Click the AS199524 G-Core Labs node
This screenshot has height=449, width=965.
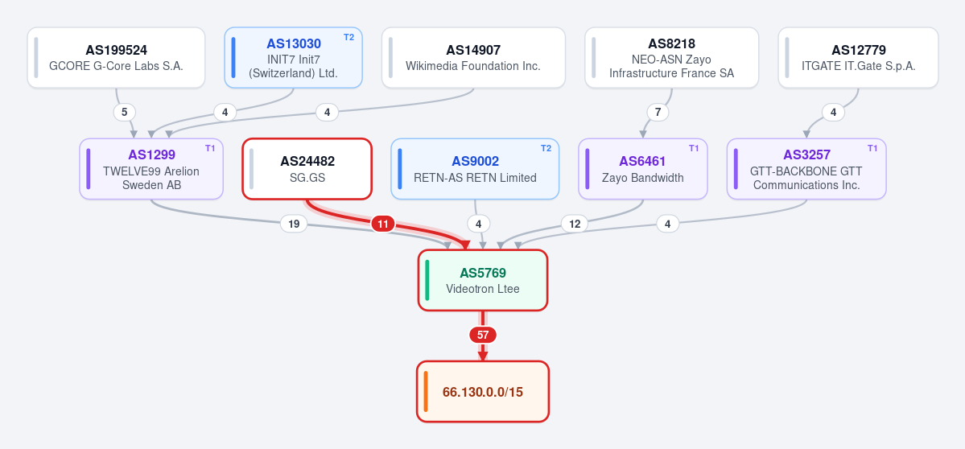pos(117,58)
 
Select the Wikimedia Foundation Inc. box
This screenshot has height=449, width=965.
pos(473,58)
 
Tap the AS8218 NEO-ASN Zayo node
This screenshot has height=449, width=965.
pos(671,58)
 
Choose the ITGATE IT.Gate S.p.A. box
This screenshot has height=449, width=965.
pos(858,58)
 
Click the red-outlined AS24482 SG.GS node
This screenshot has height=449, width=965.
pos(307,169)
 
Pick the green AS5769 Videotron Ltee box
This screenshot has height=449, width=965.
pos(483,281)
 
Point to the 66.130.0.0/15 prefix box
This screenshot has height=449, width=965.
pos(483,392)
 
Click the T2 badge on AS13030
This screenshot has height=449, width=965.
pos(349,37)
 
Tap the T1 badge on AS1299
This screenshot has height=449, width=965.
pos(210,148)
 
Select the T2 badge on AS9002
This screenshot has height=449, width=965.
pos(546,148)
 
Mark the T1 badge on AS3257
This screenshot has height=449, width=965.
pos(872,148)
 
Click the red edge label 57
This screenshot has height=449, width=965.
pos(483,336)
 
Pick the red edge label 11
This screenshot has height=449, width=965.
pos(383,224)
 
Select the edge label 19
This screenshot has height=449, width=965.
pos(294,224)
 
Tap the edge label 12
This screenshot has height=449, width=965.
pos(574,224)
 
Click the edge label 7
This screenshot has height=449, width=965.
pos(658,113)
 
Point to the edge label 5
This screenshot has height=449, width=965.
pos(124,113)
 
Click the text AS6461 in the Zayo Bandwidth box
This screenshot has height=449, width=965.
pos(642,161)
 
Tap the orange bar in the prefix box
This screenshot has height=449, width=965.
pos(425,392)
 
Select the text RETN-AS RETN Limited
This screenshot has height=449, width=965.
pos(475,178)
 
